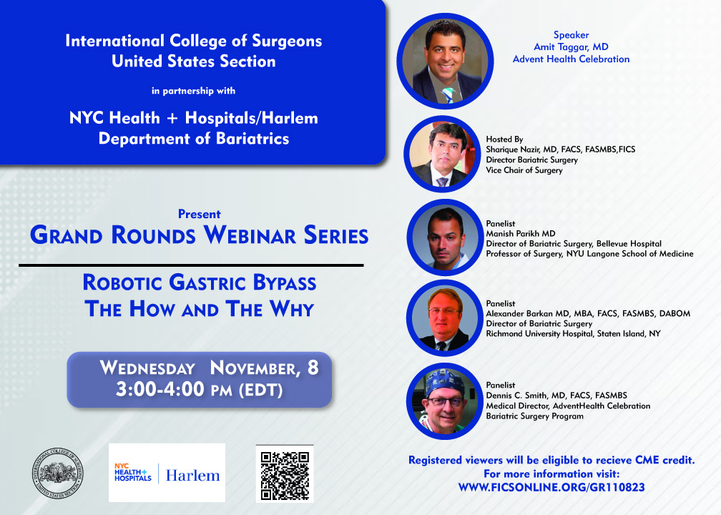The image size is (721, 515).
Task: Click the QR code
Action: click(285, 474)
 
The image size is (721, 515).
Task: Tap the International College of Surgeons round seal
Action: click(57, 474)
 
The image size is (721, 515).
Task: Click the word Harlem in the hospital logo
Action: click(192, 476)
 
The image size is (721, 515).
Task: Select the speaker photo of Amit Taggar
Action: click(445, 62)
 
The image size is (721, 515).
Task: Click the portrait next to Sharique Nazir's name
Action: click(442, 154)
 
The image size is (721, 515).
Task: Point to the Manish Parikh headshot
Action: click(445, 237)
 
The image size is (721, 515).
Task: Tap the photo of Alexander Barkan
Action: click(444, 318)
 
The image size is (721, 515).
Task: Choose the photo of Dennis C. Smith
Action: click(445, 401)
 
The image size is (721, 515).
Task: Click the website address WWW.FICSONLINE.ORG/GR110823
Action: click(551, 487)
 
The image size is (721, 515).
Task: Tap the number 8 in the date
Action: click(313, 368)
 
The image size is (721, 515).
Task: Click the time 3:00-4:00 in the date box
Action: click(160, 389)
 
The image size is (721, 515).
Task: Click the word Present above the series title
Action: click(199, 215)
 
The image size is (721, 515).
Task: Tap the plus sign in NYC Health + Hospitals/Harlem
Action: click(172, 119)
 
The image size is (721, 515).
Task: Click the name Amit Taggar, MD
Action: click(571, 47)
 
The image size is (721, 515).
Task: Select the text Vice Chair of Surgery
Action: click(524, 170)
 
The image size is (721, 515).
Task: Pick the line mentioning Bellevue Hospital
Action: click(574, 244)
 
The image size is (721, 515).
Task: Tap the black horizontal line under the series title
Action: click(191, 265)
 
